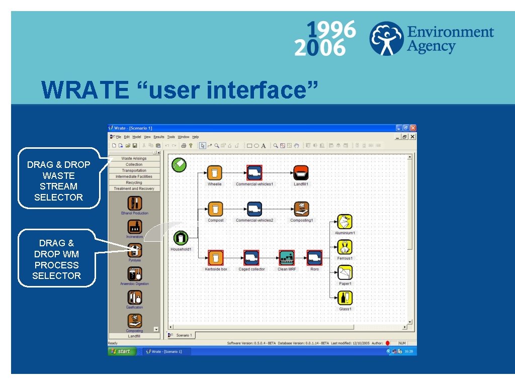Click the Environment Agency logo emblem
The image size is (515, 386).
point(386,38)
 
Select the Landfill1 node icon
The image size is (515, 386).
point(301,173)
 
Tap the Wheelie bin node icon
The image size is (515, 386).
point(215,173)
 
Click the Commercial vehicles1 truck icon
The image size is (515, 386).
point(254,173)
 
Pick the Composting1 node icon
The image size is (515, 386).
point(301,209)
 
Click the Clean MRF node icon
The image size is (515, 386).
point(287,258)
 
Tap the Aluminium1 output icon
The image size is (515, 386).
point(345,222)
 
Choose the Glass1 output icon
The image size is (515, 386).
point(345,298)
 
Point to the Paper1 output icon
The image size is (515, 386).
point(345,272)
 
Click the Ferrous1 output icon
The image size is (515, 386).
point(345,247)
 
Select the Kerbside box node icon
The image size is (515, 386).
point(216,258)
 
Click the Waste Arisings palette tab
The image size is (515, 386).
point(134,158)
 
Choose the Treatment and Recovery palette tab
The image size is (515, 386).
point(134,188)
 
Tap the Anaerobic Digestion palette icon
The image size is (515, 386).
point(134,274)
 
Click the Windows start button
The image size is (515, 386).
point(121,351)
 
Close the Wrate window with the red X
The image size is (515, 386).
point(413,128)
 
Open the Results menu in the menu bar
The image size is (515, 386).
point(159,137)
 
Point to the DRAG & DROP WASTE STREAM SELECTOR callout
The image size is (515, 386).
point(59,181)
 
